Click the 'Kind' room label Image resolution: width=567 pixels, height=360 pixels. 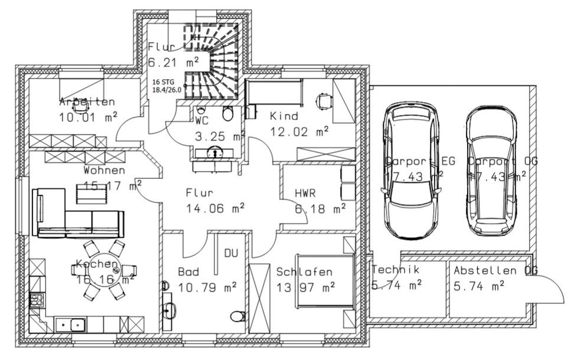pyautogui.click(x=284, y=116)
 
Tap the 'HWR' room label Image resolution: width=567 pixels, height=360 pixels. pyautogui.click(x=306, y=193)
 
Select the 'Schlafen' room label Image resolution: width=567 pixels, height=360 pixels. pyautogui.click(x=304, y=272)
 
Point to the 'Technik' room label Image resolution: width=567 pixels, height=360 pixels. pyautogui.click(x=396, y=270)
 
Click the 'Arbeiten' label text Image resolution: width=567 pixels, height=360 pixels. pyautogui.click(x=87, y=102)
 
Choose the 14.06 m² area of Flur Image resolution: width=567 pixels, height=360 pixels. pyautogui.click(x=215, y=207)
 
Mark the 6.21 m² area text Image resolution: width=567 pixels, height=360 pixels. pyautogui.click(x=172, y=61)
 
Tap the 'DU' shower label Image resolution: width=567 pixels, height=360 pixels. pyautogui.click(x=230, y=253)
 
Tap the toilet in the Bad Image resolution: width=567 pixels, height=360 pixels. pyautogui.click(x=238, y=316)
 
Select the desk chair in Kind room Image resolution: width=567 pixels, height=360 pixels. pyautogui.click(x=324, y=102)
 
